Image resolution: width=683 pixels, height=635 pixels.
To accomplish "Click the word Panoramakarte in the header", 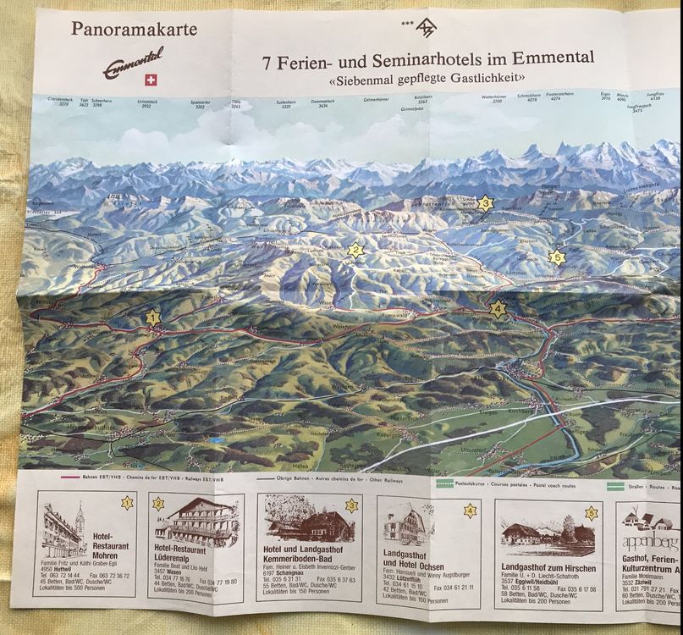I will tap(134, 30).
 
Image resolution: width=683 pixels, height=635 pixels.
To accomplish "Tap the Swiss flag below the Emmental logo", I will tap(152, 80).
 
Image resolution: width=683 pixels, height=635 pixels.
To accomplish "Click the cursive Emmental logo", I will tap(133, 63).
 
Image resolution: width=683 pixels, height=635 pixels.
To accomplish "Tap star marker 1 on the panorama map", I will tap(152, 317).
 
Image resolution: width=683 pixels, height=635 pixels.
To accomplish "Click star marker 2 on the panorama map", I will tap(355, 250).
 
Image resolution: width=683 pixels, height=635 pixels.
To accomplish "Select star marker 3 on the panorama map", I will tap(484, 203).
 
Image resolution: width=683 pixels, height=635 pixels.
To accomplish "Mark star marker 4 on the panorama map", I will tap(498, 309).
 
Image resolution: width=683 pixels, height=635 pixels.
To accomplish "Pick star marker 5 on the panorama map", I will tap(556, 257).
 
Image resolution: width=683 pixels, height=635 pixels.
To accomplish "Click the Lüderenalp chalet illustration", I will tap(195, 522).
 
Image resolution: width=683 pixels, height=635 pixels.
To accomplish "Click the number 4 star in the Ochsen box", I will tap(470, 511).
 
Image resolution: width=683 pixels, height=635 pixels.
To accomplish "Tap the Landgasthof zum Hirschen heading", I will tap(548, 568).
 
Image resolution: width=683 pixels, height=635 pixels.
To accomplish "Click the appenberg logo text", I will tap(650, 541).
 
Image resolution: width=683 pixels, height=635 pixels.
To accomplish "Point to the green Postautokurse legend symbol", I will tap(445, 485).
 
